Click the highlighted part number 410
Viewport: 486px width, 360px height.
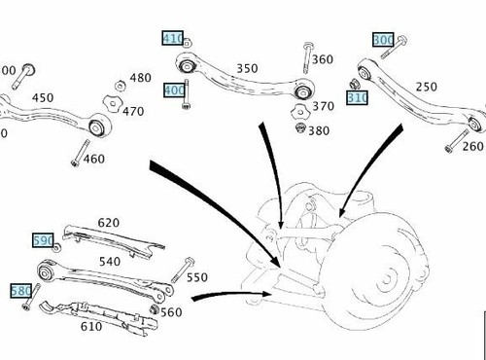click(x=172, y=39)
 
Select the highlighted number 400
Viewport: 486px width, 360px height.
click(x=174, y=90)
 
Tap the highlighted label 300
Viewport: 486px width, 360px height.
click(x=383, y=40)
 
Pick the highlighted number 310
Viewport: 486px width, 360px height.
click(x=358, y=98)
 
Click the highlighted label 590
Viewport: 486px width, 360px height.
click(x=43, y=239)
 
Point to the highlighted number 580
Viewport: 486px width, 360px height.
click(x=20, y=290)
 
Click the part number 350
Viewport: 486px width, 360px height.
click(x=247, y=68)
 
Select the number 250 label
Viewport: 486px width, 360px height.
click(x=427, y=88)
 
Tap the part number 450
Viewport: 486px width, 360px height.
click(x=43, y=97)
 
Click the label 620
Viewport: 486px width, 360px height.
click(x=109, y=223)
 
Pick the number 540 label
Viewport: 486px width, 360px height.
click(x=110, y=262)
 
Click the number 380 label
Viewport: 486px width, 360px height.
click(x=319, y=129)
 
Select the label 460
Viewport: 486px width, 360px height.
click(x=94, y=159)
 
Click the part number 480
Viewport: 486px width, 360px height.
click(x=140, y=78)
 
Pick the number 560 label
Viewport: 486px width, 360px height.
click(x=170, y=312)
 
